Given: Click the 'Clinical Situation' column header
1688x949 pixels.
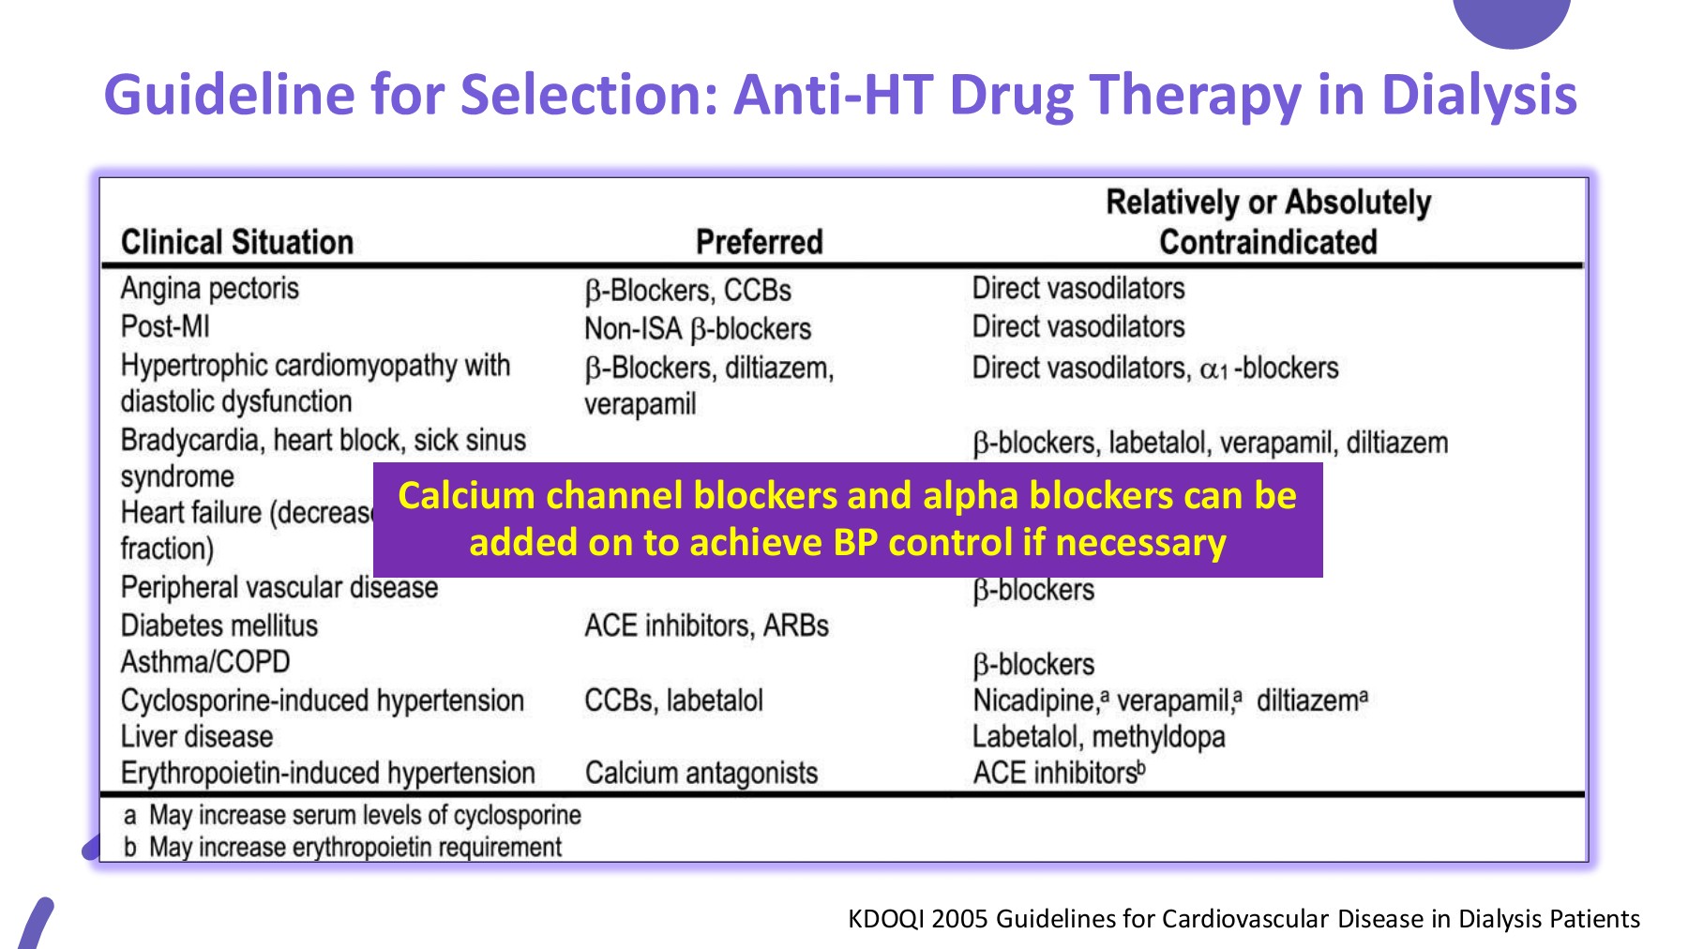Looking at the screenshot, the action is click(x=237, y=242).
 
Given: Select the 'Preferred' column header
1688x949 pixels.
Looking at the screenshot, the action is click(x=760, y=242).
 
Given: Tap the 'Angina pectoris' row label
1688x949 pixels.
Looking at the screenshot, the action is click(x=210, y=289).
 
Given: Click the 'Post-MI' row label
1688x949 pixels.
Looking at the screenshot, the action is click(x=165, y=326).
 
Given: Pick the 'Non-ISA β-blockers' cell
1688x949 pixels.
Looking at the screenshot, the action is click(x=698, y=329).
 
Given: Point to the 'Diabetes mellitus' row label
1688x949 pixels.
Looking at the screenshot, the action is click(x=219, y=625).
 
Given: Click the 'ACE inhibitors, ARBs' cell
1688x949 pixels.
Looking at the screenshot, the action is click(x=707, y=625).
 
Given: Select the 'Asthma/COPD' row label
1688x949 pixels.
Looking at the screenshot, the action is click(x=205, y=662).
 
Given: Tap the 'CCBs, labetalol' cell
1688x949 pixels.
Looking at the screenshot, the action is click(x=674, y=700).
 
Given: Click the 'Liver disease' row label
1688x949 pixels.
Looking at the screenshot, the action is click(x=197, y=737).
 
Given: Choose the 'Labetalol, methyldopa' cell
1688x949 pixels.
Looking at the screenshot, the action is click(x=1099, y=738).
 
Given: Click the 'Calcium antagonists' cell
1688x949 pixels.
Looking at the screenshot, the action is click(x=701, y=774).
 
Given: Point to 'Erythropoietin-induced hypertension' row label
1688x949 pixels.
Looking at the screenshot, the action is click(x=328, y=774).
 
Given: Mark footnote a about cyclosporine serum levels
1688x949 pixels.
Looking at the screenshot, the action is click(x=353, y=816).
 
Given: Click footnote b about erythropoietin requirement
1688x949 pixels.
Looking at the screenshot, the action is click(x=342, y=848).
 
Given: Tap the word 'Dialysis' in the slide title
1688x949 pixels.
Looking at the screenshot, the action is click(x=1479, y=96).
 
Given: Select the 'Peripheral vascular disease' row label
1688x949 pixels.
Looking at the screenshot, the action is click(x=279, y=588).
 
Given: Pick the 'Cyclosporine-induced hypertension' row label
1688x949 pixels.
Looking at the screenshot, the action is click(x=323, y=701).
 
